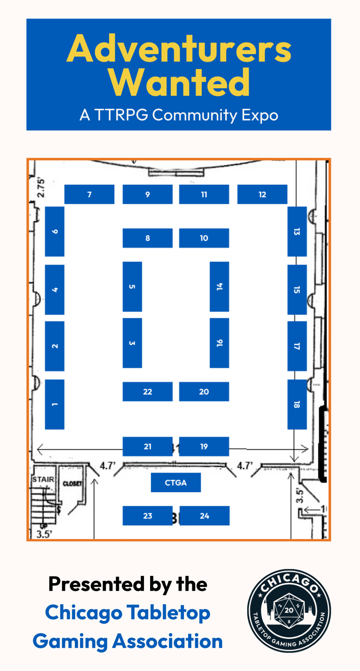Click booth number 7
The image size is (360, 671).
tap(89, 194)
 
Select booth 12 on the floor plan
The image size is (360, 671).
tap(262, 194)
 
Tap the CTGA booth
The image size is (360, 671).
tap(176, 482)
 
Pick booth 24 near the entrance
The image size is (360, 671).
tap(205, 516)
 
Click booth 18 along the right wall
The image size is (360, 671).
tap(297, 404)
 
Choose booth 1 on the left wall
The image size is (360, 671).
tap(55, 404)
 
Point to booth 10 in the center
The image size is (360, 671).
tap(204, 238)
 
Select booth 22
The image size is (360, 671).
tap(147, 391)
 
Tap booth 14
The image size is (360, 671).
tap(219, 286)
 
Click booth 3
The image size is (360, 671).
tap(132, 343)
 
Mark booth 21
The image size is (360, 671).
tap(147, 446)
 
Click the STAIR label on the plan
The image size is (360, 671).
tap(43, 479)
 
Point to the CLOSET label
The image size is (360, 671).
tap(73, 483)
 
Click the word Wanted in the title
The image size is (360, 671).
tap(179, 83)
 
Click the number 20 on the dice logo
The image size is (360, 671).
tap(289, 610)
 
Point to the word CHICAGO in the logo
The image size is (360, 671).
tap(289, 582)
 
